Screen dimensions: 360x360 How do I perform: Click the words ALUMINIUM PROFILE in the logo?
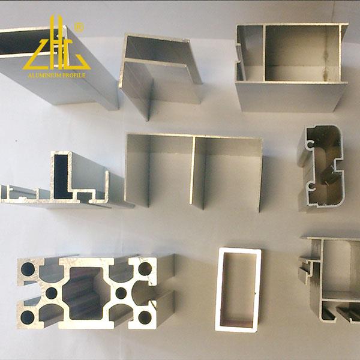point(55,76)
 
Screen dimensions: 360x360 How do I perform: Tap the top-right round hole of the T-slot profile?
point(145,269)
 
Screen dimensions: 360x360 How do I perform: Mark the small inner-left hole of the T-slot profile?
point(52,293)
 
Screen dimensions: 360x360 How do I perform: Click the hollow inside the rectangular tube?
point(238,290)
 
